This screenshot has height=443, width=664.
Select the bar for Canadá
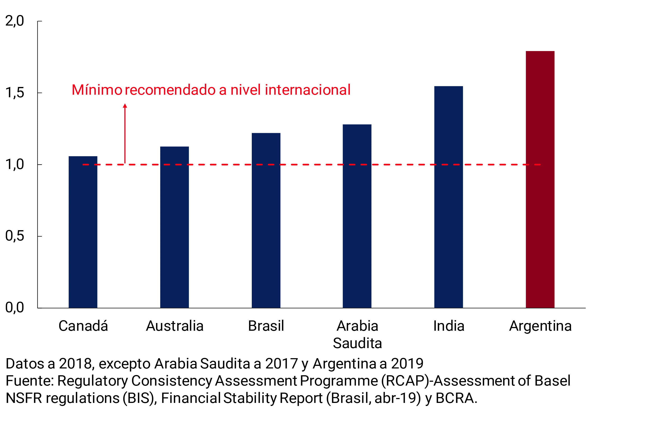(x=83, y=232)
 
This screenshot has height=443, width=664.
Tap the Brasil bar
(x=266, y=220)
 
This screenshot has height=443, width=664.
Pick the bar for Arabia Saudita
(x=357, y=216)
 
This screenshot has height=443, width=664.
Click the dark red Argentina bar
(x=540, y=179)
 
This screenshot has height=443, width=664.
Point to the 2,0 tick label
(x=15, y=21)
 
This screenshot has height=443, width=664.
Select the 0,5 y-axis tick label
(x=15, y=236)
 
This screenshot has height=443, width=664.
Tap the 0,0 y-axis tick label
(x=15, y=307)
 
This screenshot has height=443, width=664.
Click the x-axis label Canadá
(x=83, y=326)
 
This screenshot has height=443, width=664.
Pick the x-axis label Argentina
(x=540, y=326)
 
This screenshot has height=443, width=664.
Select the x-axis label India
(x=449, y=326)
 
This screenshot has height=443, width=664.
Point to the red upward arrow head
(x=125, y=106)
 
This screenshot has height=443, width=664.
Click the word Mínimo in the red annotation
(x=97, y=90)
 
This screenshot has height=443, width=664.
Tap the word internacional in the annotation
(x=308, y=90)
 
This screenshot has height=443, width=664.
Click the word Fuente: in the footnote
(x=30, y=381)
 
